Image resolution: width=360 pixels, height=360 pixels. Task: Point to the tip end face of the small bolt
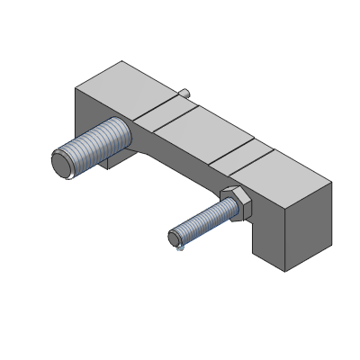click(175, 238)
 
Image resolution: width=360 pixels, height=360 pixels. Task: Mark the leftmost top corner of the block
click(75, 87)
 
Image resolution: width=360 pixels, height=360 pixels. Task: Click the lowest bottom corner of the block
click(287, 270)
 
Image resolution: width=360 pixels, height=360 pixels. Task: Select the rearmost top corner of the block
click(121, 61)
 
